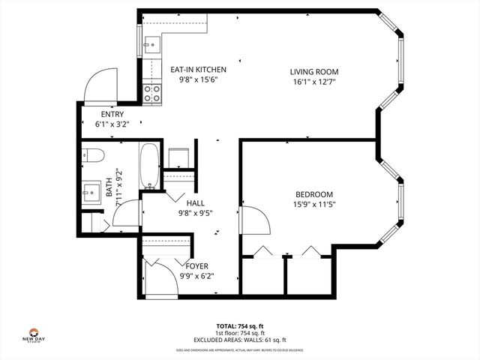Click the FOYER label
click(196, 266)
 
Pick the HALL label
click(196, 202)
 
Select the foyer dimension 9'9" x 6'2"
click(196, 276)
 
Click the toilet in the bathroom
click(94, 156)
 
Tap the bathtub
click(148, 164)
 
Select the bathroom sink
click(92, 190)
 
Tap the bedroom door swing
click(255, 220)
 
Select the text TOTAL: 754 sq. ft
click(239, 325)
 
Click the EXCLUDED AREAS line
click(240, 339)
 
